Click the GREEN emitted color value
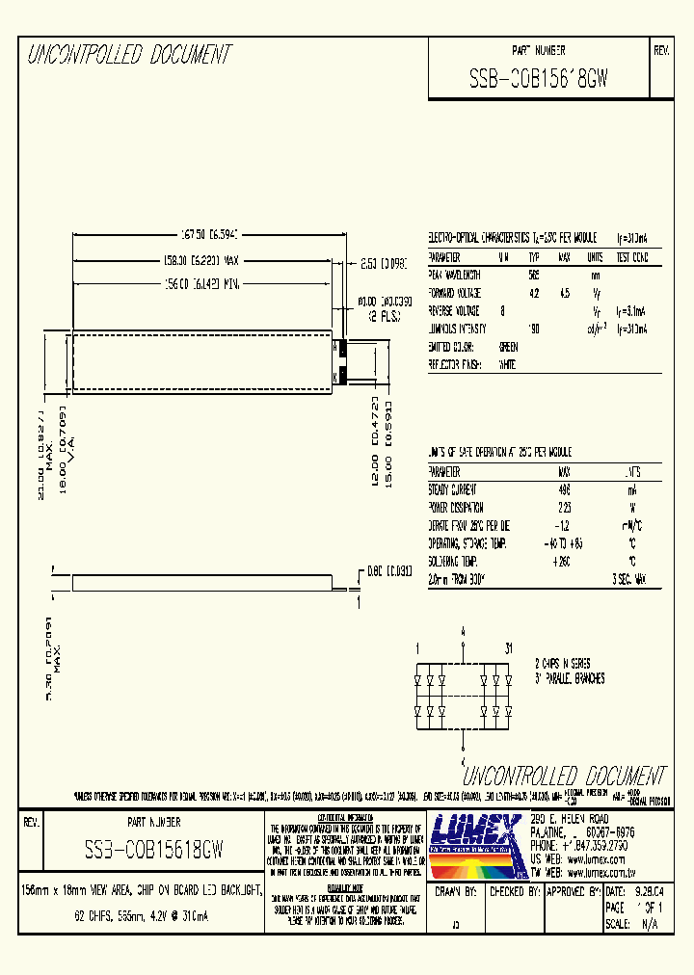click(508, 346)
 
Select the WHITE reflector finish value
click(507, 364)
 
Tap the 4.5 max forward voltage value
click(565, 292)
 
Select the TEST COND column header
click(631, 257)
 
